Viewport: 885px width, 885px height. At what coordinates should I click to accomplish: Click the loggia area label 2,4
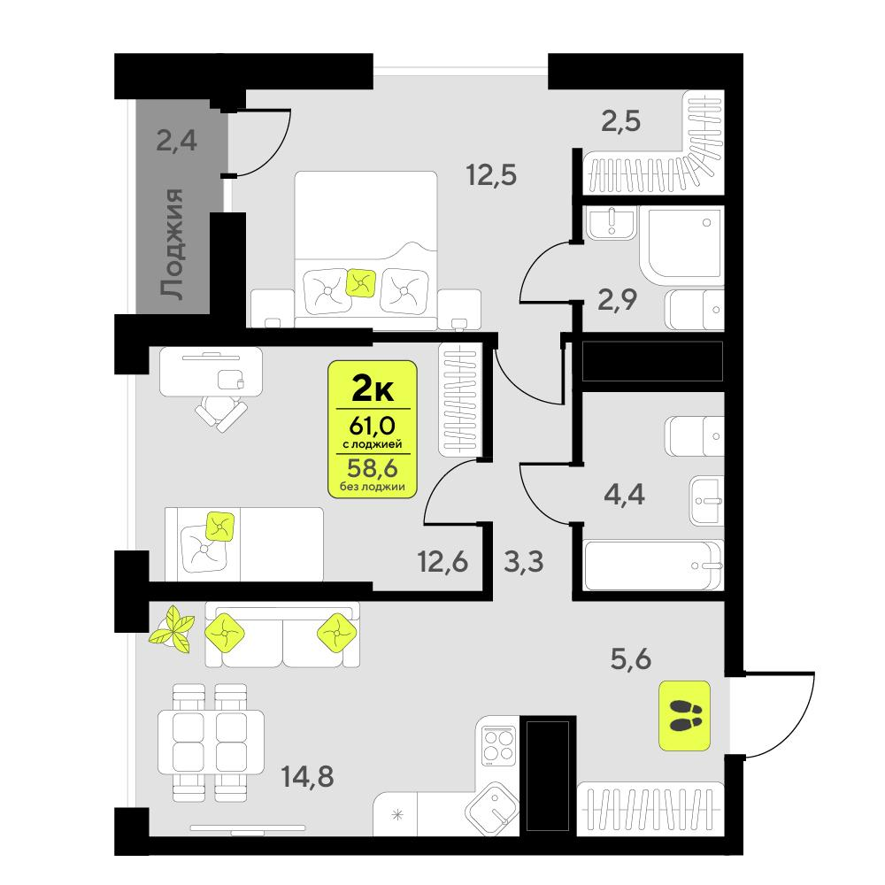click(x=176, y=141)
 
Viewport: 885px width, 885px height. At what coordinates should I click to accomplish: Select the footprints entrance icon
click(x=685, y=716)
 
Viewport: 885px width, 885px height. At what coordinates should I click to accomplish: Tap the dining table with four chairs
click(x=211, y=741)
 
